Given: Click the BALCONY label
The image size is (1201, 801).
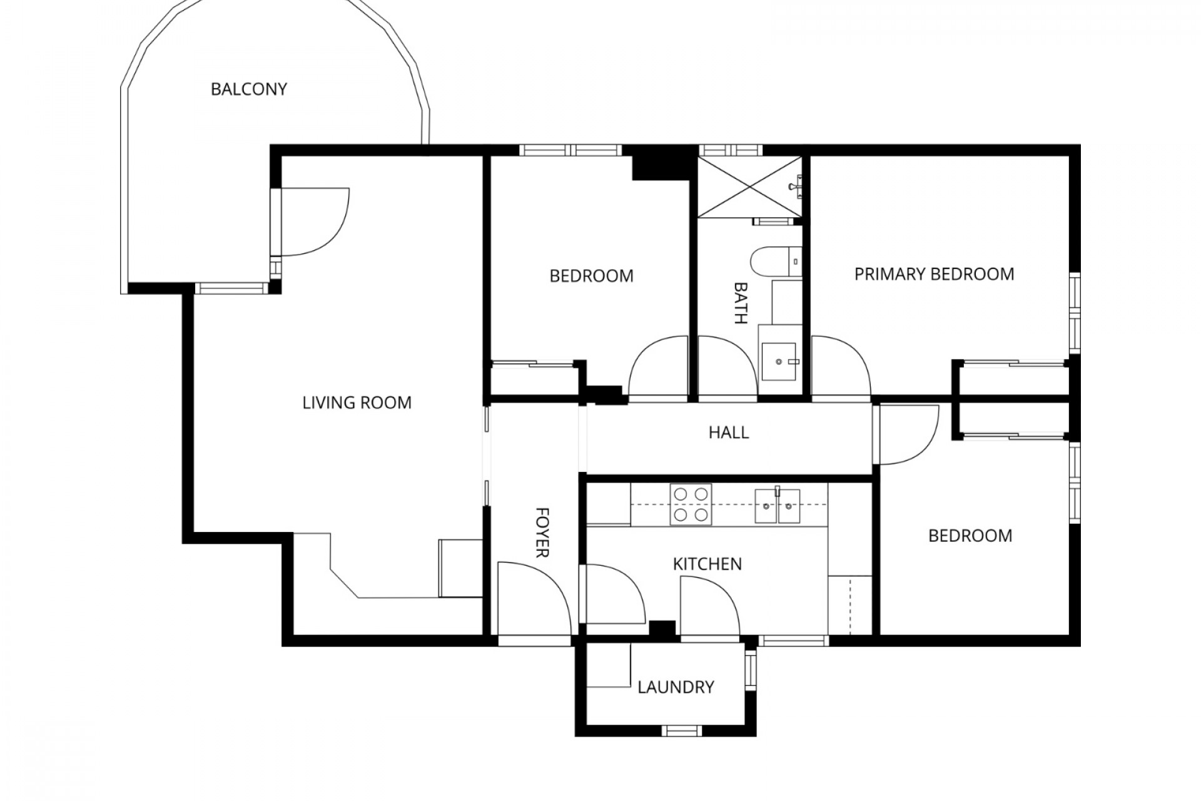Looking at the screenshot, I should pos(248,89).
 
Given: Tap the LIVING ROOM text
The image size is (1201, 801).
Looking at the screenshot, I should pos(357,402).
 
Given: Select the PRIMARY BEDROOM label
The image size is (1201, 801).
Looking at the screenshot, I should pos(934,274).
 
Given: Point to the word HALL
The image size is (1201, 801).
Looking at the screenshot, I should pos(729,432).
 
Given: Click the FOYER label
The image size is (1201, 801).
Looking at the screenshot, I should pos(542,532).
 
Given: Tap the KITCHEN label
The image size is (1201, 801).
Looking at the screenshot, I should pos(707,564).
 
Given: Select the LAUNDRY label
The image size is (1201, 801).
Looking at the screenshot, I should pos(676,687).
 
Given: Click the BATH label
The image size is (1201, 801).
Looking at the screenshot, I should pos(741,303).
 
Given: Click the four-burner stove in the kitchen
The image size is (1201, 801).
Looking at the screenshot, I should pos(691,504).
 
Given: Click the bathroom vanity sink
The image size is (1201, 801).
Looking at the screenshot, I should pos(779,360).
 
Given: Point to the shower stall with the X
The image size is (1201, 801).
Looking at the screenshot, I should pos(749,186).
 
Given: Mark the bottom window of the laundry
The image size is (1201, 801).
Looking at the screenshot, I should pos(682,730).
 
